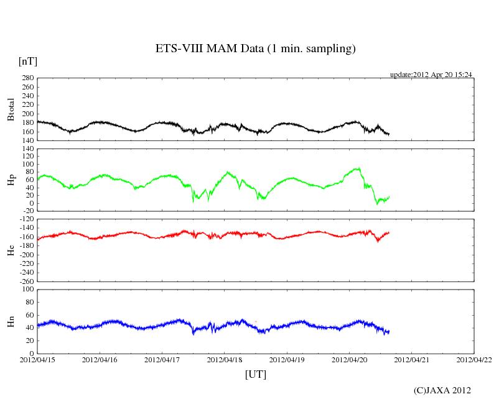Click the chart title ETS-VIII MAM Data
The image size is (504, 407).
255,49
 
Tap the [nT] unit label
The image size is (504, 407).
27,62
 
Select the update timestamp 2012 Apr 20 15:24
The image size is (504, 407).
431,75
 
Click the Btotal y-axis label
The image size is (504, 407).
11,109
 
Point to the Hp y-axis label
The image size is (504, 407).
11,180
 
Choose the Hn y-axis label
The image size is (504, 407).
11,321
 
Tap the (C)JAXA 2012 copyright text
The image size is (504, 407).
442,390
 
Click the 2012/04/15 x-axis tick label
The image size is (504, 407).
37,359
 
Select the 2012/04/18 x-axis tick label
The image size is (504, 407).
225,359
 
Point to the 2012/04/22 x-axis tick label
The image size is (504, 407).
474,359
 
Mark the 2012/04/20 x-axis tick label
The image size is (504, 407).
349,359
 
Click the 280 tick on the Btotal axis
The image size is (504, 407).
27,78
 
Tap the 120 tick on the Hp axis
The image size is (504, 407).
27,149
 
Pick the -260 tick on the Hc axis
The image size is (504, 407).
24,281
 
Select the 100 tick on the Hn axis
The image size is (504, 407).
27,290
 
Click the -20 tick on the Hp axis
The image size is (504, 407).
27,211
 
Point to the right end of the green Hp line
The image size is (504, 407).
390,196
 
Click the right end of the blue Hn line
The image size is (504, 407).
390,331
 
